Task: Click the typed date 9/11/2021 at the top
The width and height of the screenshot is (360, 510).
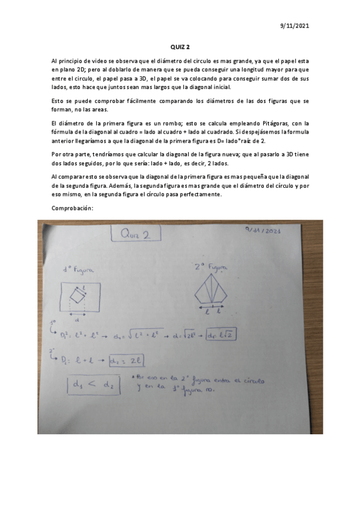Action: (294, 26)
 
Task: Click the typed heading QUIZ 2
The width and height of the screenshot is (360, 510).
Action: (180, 49)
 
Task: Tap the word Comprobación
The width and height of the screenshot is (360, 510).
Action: (73, 208)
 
